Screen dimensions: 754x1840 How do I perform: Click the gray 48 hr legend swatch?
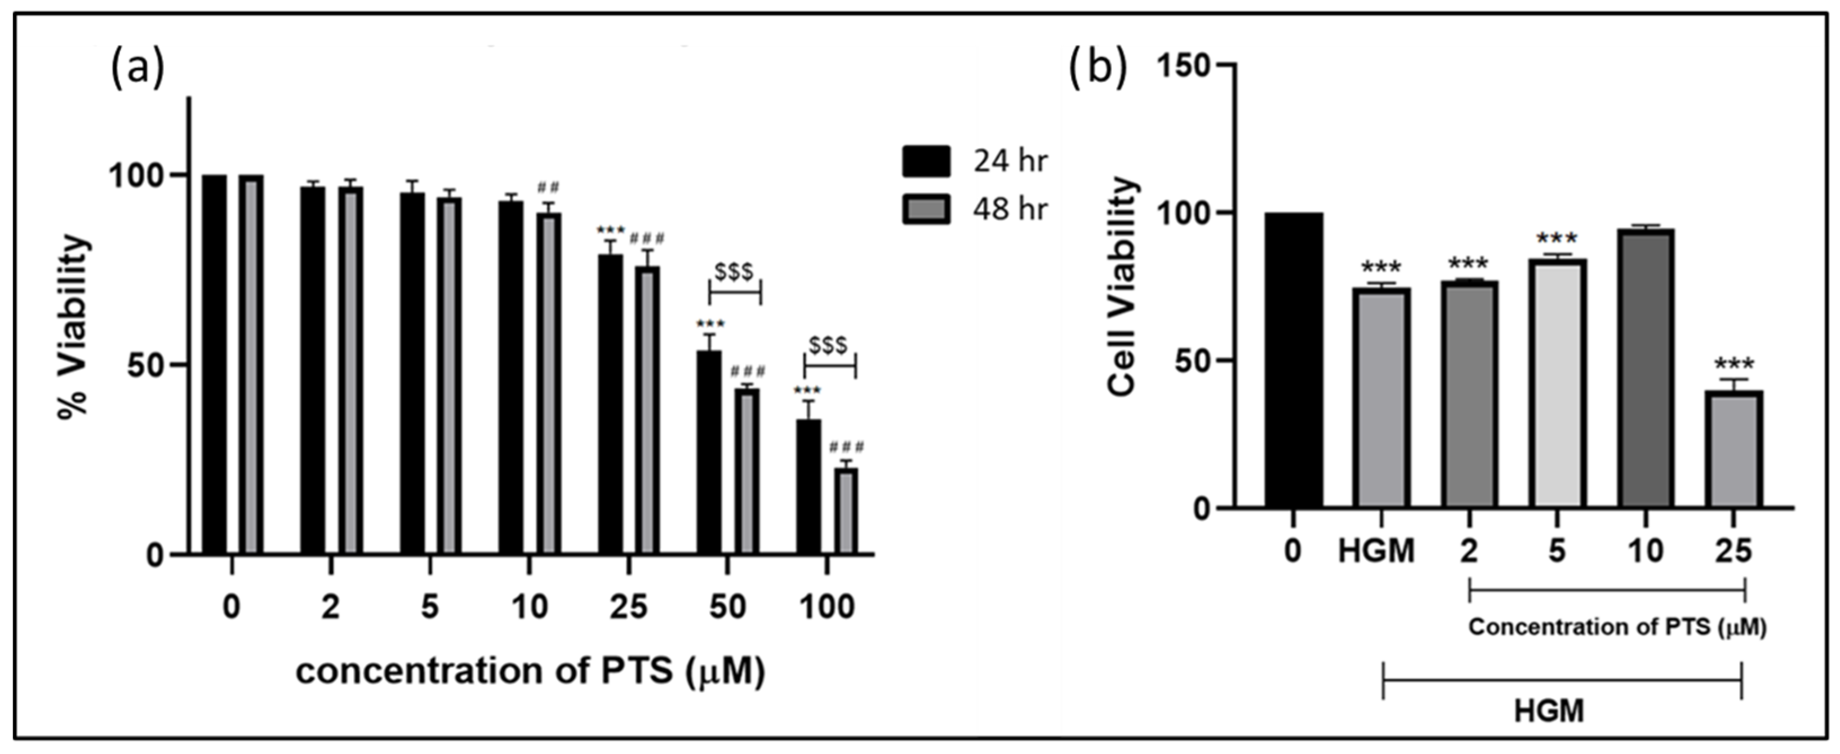926,210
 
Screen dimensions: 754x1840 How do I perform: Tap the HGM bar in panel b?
1381,397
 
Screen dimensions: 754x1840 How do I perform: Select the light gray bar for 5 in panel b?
1558,383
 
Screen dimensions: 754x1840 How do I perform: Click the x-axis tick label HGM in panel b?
1376,551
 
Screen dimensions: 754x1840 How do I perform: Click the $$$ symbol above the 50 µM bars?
734,272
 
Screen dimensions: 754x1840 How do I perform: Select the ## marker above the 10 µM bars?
549,187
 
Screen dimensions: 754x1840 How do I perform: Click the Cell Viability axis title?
1122,286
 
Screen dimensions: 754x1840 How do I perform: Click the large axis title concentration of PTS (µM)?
530,671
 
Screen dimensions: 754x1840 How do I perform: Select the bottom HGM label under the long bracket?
1549,711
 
